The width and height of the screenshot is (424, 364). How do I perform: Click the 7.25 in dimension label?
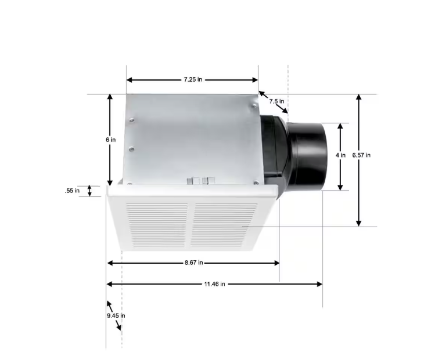coord(193,79)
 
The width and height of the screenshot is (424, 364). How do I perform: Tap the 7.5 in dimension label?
coord(276,101)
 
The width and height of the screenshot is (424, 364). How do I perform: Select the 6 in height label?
coord(110,140)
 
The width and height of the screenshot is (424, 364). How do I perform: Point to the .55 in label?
coord(72,191)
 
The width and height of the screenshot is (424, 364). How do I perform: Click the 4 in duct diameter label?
coord(340,155)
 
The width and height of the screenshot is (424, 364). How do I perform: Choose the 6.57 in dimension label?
coord(361,155)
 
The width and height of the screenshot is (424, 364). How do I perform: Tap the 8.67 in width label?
coord(194,263)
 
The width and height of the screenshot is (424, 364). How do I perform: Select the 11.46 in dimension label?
coord(214,284)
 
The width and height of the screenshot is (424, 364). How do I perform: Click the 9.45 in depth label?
coord(116,315)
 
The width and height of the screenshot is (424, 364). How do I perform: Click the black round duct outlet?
coord(307,156)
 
